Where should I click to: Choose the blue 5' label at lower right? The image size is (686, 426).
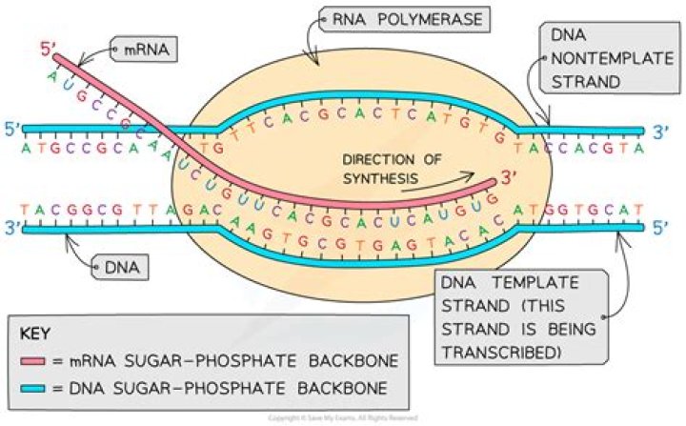663,228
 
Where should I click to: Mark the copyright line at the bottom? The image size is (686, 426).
343,417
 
